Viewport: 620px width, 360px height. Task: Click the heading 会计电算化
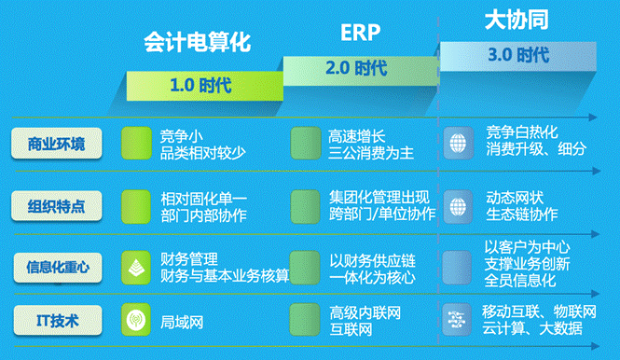(x=198, y=42)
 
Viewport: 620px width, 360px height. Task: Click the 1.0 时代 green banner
(x=200, y=86)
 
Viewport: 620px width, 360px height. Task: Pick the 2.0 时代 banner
(x=356, y=68)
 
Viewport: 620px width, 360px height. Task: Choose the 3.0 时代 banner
(x=517, y=55)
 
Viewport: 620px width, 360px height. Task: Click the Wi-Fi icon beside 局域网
(x=136, y=322)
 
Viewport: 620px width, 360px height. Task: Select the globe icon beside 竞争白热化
(x=458, y=143)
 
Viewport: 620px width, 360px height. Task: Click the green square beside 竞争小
(x=136, y=143)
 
